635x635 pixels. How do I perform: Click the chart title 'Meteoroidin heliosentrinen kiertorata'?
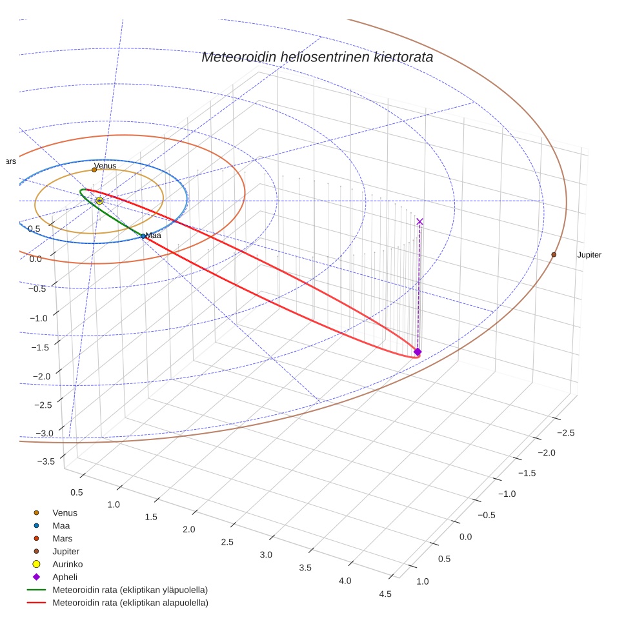(x=317, y=57)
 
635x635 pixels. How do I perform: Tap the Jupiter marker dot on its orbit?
(x=554, y=255)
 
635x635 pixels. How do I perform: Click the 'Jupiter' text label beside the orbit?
(x=589, y=255)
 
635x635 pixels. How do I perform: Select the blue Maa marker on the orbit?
(x=143, y=236)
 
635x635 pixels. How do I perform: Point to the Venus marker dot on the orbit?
(x=94, y=170)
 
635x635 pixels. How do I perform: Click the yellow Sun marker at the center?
(x=99, y=201)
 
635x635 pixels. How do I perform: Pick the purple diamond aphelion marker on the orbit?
(x=418, y=352)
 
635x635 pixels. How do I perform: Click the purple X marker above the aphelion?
(x=420, y=221)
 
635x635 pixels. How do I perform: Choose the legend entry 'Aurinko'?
(x=67, y=564)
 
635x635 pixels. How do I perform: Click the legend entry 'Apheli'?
(x=65, y=577)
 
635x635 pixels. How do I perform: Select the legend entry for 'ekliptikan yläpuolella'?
(x=130, y=590)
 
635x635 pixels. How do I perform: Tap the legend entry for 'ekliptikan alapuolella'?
(x=130, y=603)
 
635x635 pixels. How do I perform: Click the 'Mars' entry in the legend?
(x=62, y=538)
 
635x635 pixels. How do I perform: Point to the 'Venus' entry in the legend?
(x=65, y=512)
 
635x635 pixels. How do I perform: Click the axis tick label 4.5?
(x=386, y=594)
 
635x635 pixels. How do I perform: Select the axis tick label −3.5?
(x=46, y=461)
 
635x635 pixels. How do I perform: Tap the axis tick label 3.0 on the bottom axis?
(x=265, y=555)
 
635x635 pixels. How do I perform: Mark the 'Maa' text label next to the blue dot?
(x=154, y=236)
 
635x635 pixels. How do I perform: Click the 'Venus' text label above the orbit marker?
(x=106, y=166)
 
